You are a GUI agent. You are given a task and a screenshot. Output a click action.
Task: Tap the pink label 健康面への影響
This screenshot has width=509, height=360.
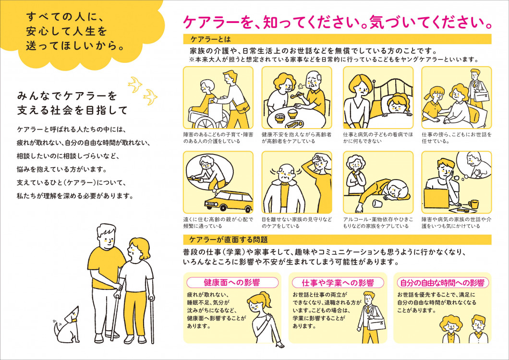point(232,282)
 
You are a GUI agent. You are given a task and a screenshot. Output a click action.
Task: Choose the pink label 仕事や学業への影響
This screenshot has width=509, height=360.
point(338,283)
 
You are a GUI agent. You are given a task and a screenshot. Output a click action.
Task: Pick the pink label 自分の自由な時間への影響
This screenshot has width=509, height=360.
point(442,283)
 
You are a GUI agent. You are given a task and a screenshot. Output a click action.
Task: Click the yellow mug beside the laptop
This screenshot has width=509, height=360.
point(473,204)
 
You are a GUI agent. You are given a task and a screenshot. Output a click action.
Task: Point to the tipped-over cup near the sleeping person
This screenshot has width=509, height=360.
point(377,204)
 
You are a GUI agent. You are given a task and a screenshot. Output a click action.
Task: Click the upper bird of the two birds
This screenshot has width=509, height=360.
point(135,84)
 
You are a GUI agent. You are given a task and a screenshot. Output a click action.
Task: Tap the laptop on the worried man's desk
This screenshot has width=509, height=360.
point(436,198)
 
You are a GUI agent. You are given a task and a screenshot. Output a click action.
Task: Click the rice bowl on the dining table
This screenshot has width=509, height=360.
point(292,113)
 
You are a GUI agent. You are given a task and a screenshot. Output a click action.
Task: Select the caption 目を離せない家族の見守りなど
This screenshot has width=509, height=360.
point(297,219)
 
